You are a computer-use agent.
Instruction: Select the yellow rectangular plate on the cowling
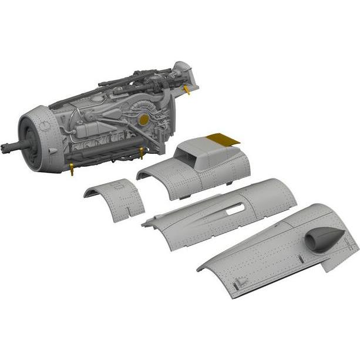pyautogui.click(x=224, y=140)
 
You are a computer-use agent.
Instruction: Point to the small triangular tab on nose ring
pyautogui.click(x=52, y=152)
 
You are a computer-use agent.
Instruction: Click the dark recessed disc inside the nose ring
pyautogui.click(x=30, y=147)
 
